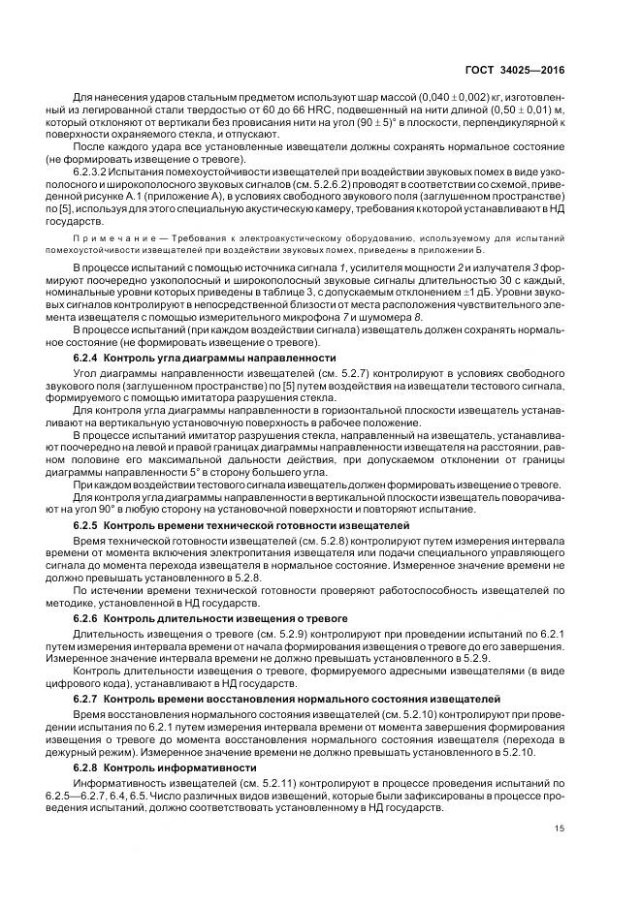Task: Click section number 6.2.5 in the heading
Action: [x=87, y=524]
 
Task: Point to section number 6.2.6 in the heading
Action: [x=87, y=617]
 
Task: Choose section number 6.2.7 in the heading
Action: [x=87, y=698]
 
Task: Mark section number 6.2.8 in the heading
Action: [x=87, y=766]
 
